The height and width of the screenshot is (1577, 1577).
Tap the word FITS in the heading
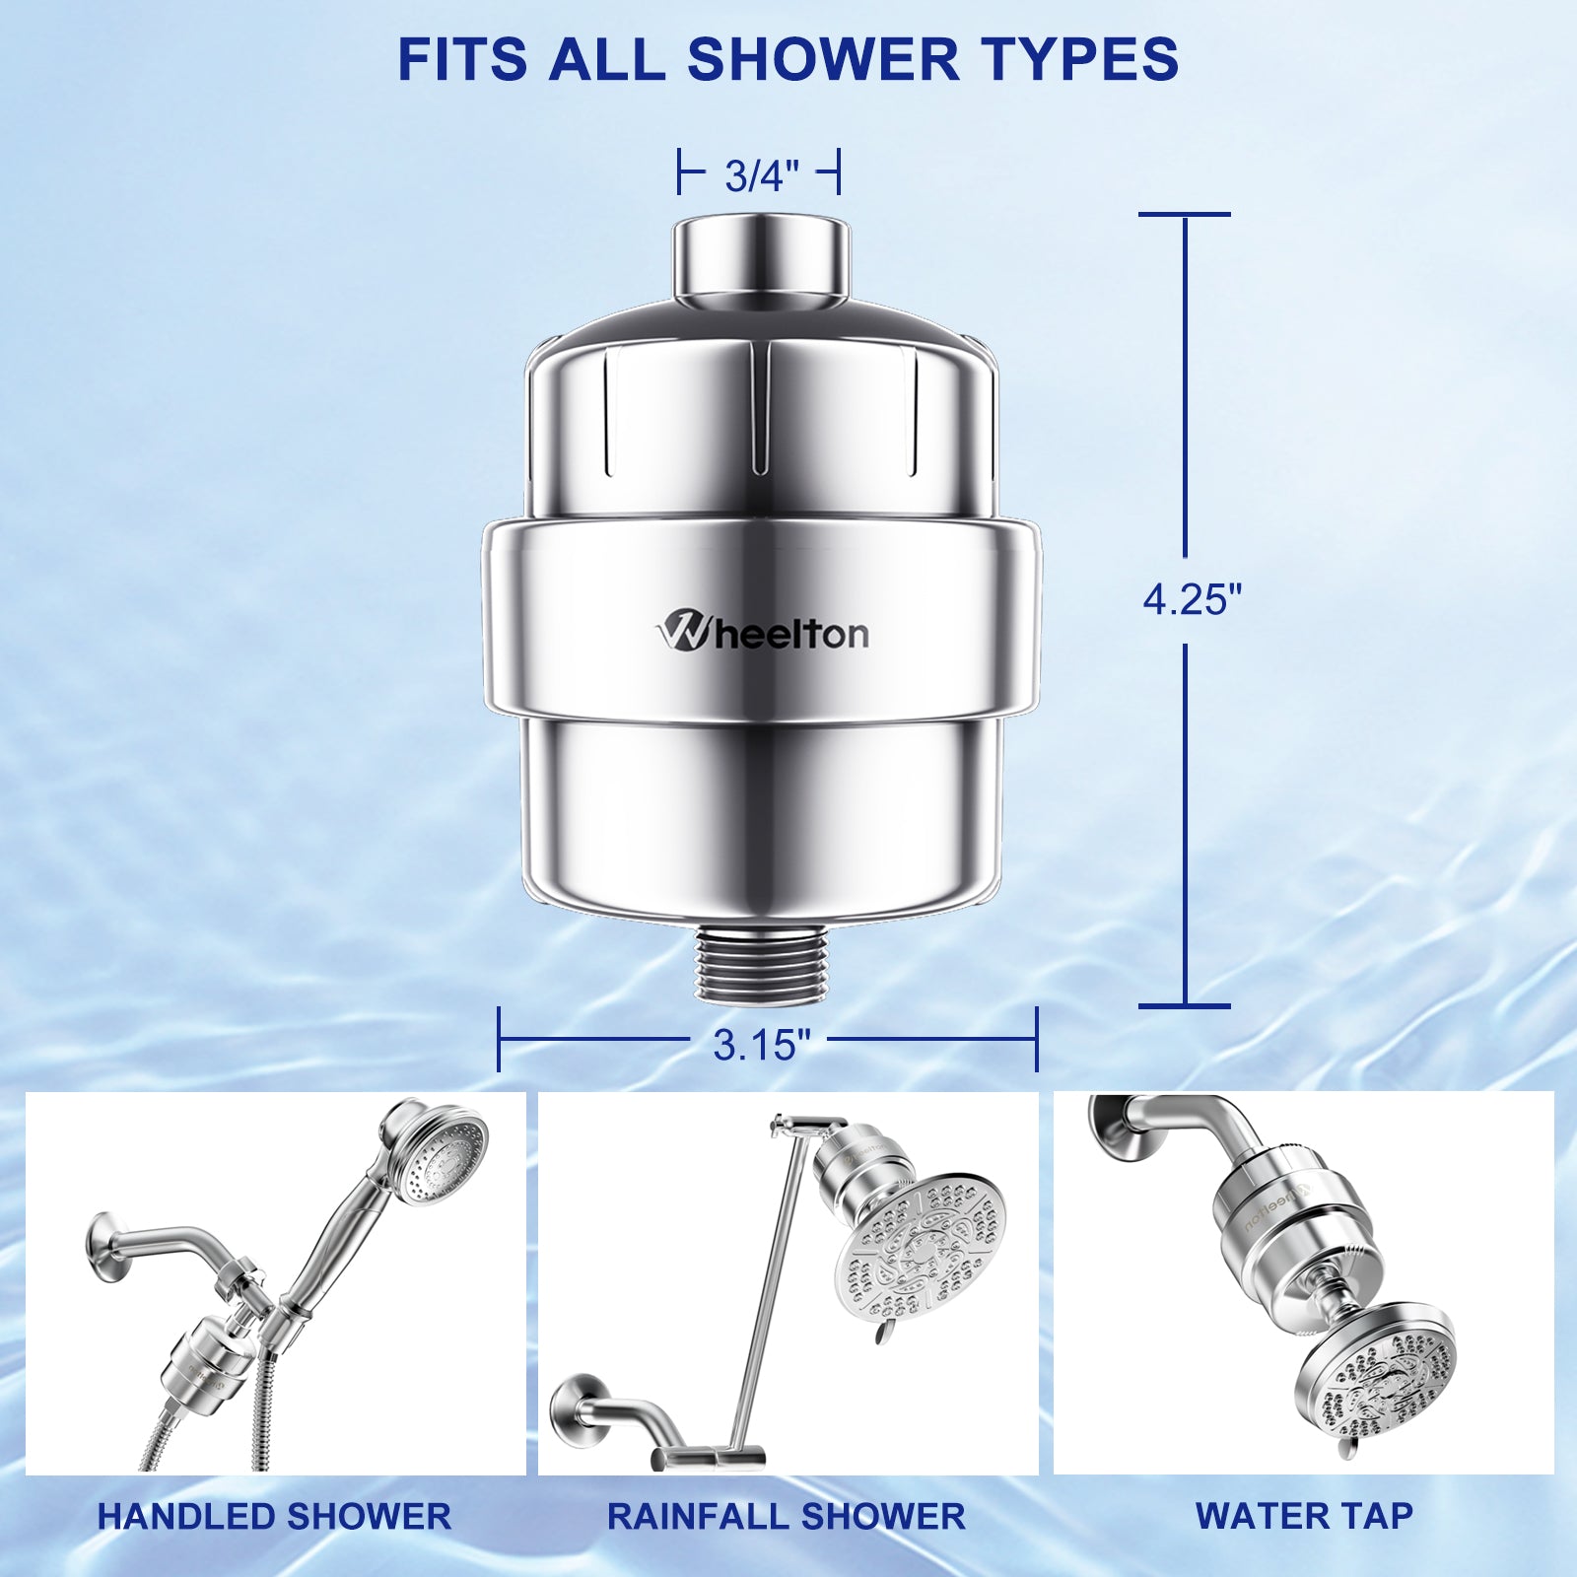point(462,58)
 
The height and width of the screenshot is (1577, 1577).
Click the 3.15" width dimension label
point(762,1045)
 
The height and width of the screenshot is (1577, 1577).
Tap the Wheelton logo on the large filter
point(763,631)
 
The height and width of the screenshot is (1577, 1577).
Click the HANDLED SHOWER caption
point(274,1516)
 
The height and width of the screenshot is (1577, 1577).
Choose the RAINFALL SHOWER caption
point(786,1516)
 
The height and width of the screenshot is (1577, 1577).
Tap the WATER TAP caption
point(1304,1515)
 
